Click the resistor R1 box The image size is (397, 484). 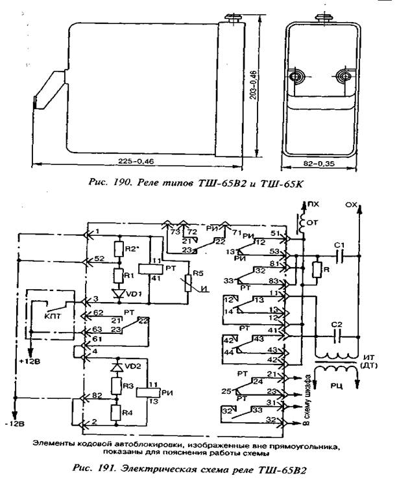[118, 274]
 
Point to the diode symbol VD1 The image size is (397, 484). [118, 294]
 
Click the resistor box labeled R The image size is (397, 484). [317, 270]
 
